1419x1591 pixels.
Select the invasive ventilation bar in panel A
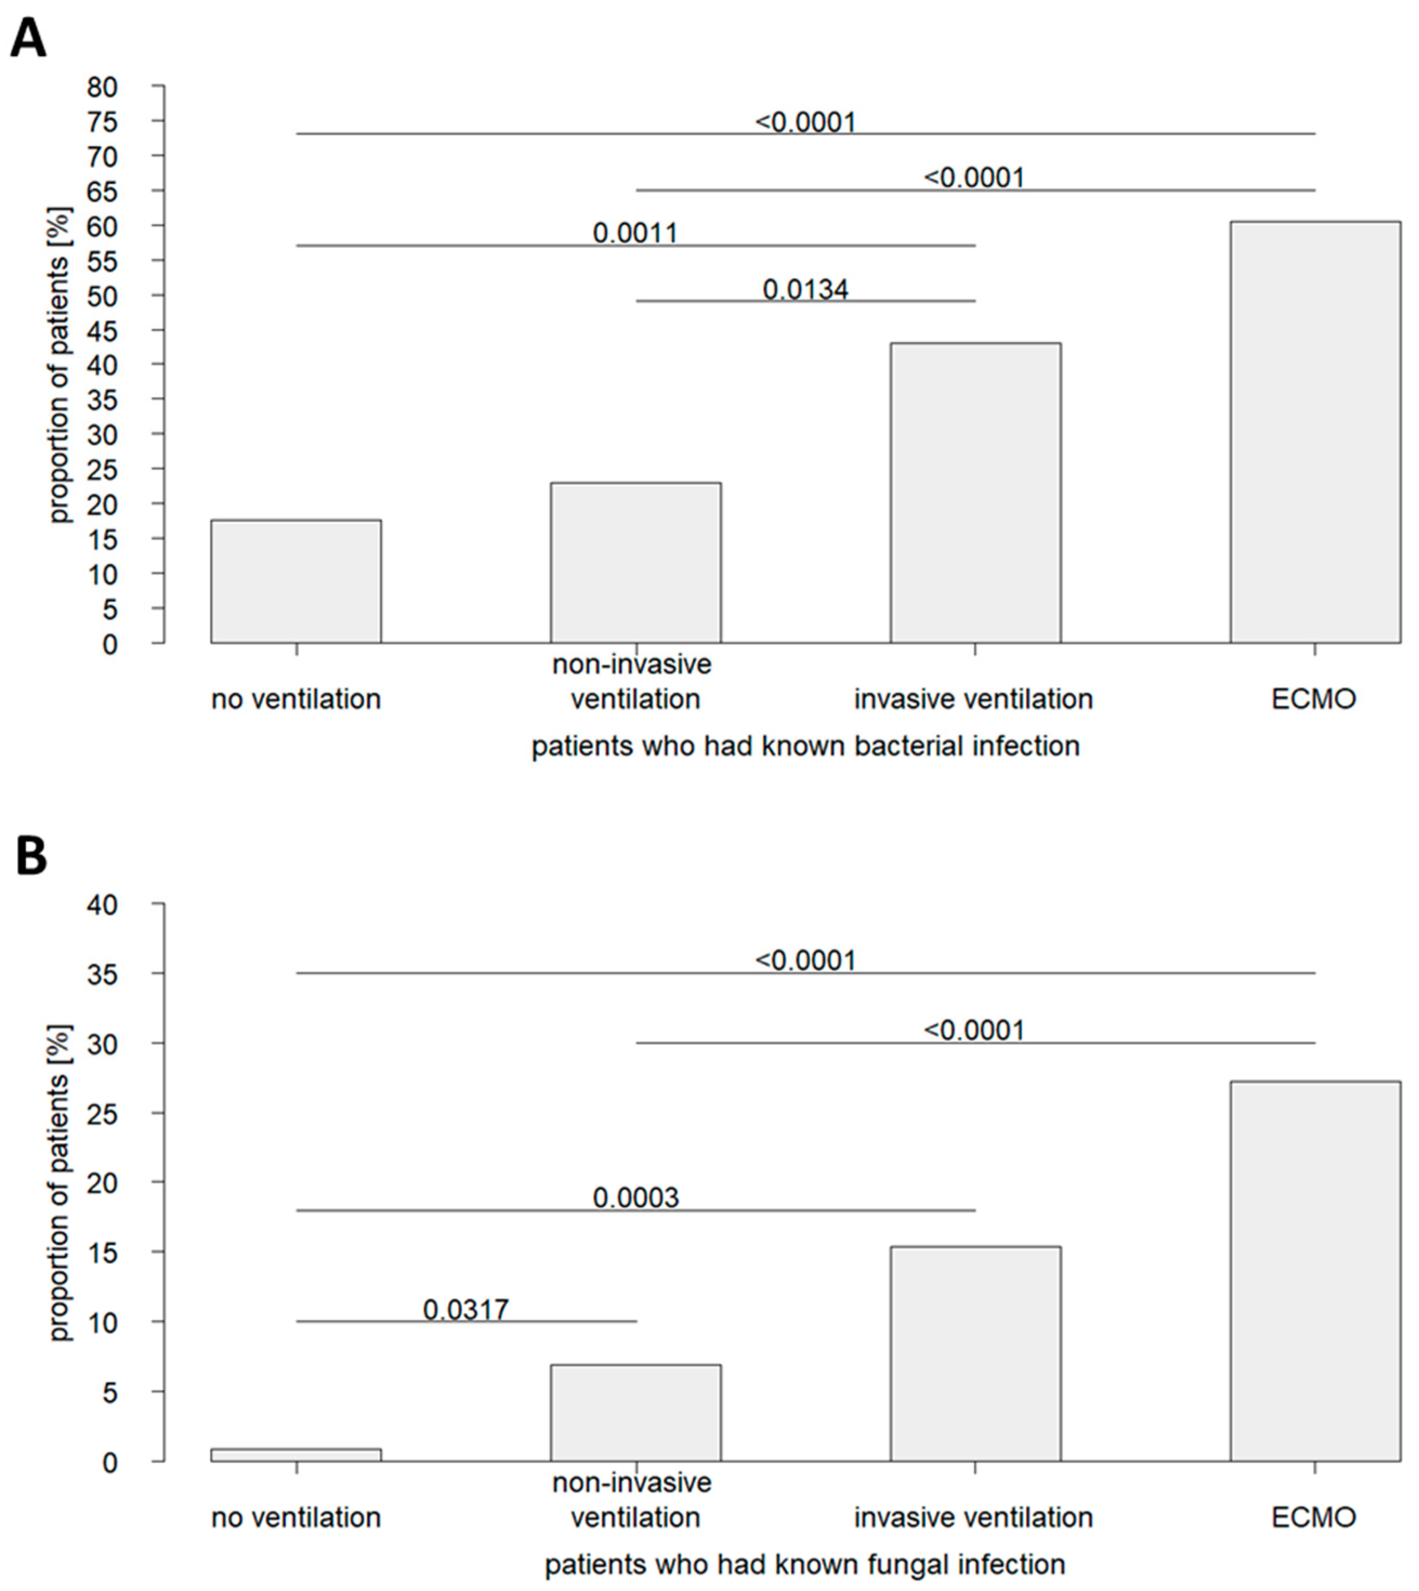click(x=975, y=493)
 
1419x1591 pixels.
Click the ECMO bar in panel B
click(x=1315, y=1271)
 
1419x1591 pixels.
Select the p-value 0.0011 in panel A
click(x=635, y=233)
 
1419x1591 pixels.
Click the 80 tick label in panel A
click(x=102, y=87)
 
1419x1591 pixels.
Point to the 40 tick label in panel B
click(x=102, y=905)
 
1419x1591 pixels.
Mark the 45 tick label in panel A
click(x=102, y=331)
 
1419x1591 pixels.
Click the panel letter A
click(x=28, y=39)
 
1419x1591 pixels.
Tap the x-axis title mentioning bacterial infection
click(x=805, y=747)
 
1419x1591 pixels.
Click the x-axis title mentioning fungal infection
click(x=805, y=1565)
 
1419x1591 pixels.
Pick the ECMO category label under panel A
click(x=1314, y=699)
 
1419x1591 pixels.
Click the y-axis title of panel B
click(x=60, y=1182)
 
